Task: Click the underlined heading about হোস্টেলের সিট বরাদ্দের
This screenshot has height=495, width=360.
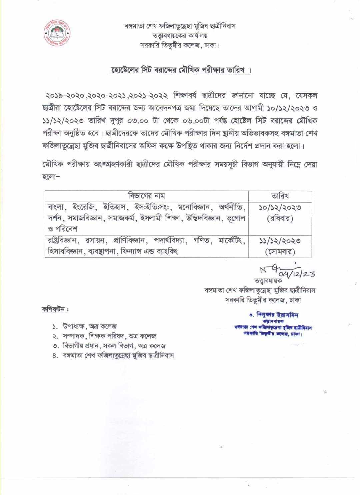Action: coord(180,71)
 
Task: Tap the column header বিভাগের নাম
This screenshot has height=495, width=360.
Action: coord(147,196)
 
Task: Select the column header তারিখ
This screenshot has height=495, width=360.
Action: coord(280,196)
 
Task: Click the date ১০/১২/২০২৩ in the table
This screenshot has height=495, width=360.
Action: coord(280,208)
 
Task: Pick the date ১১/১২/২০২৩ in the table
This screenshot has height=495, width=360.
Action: coord(280,241)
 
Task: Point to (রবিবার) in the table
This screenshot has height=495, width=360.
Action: coord(280,219)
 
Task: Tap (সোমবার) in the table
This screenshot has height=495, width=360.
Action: coord(280,252)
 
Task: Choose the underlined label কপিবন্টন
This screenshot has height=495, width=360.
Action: coord(55,309)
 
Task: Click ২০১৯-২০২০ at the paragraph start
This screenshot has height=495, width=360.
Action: coord(65,96)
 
